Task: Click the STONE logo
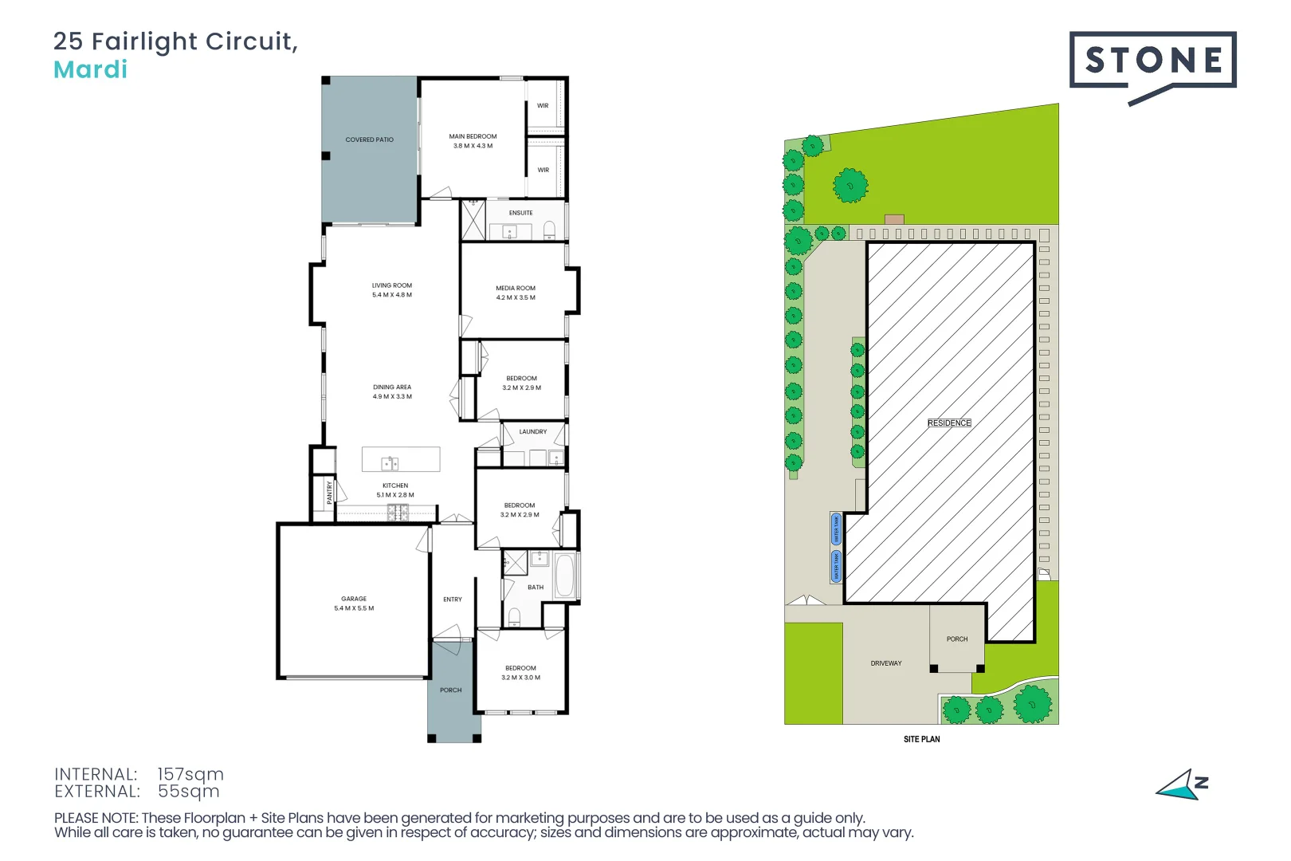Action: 1152,61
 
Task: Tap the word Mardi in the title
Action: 90,70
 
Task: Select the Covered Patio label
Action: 369,140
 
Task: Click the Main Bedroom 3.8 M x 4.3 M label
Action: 473,141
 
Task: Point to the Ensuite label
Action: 520,213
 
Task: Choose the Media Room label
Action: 516,293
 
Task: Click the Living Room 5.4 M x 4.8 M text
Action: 391,290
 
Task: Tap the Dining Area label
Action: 392,391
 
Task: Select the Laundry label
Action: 532,431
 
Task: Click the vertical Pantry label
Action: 329,492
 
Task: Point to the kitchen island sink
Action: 389,462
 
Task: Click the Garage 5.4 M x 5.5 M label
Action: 354,603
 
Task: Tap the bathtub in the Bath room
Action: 564,576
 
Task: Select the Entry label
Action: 452,600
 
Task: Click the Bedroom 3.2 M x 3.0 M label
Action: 520,673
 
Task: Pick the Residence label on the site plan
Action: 948,423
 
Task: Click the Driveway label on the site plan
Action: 885,663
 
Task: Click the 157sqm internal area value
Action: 190,774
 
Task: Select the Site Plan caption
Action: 921,739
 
